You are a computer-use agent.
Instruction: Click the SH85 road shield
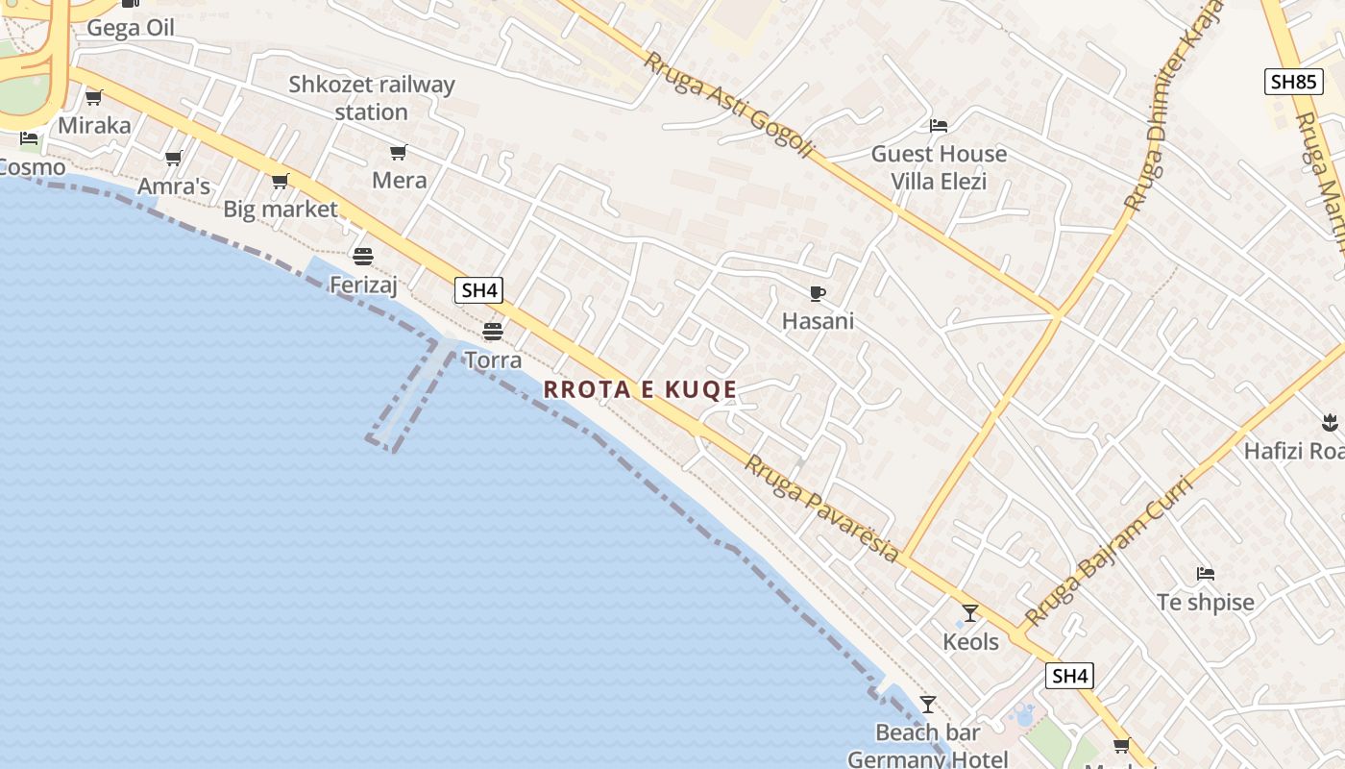pos(1292,82)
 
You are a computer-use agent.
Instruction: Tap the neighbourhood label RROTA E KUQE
pos(640,389)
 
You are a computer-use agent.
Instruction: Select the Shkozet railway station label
pos(372,98)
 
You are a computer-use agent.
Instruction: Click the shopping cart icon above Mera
pos(398,152)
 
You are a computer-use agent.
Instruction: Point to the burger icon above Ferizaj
pos(362,256)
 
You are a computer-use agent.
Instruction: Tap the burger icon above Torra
pos(493,332)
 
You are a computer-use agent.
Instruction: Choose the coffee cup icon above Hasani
pos(818,293)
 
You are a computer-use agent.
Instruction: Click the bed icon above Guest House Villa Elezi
pos(939,125)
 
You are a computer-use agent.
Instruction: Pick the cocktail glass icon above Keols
pos(970,612)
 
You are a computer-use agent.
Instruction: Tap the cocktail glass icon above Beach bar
pos(927,705)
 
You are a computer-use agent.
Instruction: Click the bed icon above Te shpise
pos(1206,574)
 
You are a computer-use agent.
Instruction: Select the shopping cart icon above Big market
pos(280,181)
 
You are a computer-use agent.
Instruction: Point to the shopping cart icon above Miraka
pos(94,97)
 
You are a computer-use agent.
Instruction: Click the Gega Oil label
pos(131,27)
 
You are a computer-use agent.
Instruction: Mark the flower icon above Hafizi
pos(1330,421)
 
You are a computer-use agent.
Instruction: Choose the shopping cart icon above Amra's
pos(173,158)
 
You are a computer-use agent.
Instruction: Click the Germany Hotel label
pos(927,758)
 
